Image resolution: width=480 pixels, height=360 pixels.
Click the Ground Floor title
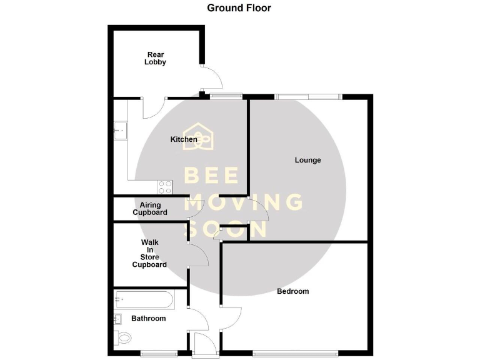click(239, 8)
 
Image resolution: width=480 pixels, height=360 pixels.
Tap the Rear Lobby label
click(155, 58)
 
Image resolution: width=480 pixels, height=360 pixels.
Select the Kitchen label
click(184, 139)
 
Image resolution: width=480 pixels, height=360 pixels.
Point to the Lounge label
click(307, 160)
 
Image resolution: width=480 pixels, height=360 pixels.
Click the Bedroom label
click(293, 291)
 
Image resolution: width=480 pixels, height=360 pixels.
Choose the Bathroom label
click(149, 319)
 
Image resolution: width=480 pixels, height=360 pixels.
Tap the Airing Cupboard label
click(150, 209)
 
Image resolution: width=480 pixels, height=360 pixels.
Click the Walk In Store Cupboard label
click(149, 253)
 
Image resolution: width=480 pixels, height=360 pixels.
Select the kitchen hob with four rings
click(165, 186)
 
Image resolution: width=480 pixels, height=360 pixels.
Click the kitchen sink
click(120, 132)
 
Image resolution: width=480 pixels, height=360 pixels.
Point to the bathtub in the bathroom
click(144, 301)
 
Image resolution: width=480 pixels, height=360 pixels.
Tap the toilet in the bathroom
click(123, 339)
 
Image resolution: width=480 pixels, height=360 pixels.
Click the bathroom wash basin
click(117, 319)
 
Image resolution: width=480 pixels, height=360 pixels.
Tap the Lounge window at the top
click(308, 96)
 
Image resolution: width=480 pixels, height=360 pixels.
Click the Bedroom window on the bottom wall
click(292, 353)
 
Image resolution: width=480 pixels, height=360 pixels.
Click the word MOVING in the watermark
click(245, 202)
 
